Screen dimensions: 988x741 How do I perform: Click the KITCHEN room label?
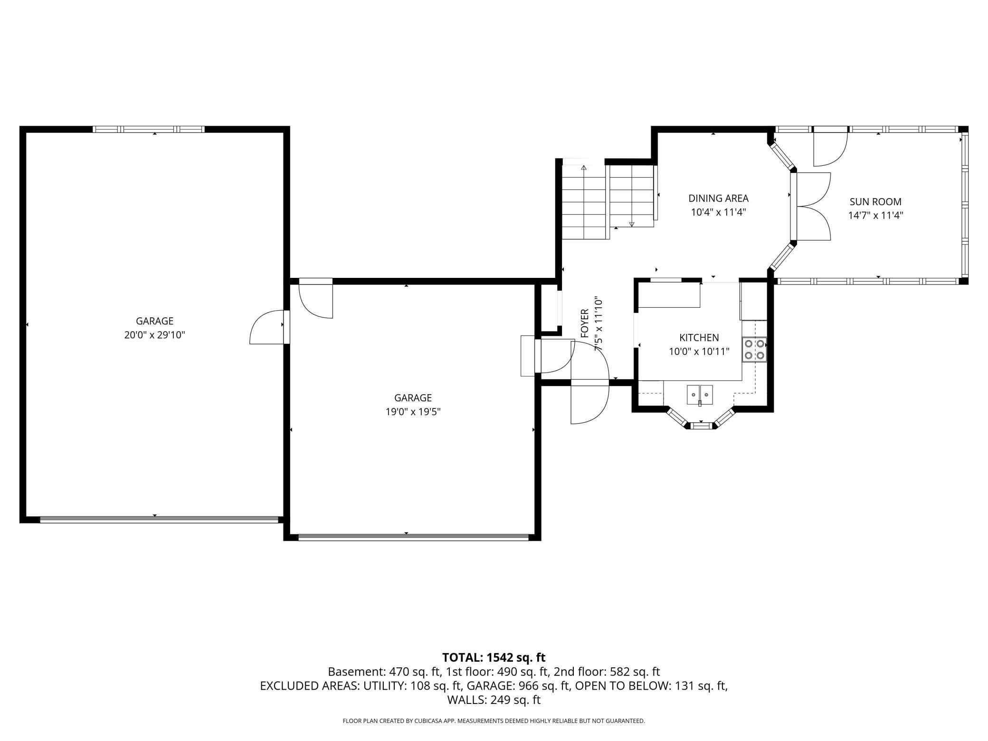[699, 338]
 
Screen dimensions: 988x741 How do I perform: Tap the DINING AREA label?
[718, 199]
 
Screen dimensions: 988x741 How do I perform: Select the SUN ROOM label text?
[875, 202]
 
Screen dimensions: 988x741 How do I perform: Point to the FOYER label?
[585, 323]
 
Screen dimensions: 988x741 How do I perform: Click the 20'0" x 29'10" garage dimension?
[154, 335]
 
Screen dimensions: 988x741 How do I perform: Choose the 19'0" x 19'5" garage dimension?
[413, 412]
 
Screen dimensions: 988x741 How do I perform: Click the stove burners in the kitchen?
[754, 349]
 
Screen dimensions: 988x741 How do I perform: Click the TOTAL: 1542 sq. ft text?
[494, 657]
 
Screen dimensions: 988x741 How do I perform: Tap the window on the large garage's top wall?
[148, 129]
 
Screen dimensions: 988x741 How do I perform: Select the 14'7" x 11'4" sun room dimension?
[875, 215]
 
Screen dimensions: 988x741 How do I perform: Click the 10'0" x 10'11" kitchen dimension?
[699, 352]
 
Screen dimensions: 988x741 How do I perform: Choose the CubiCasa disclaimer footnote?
[494, 721]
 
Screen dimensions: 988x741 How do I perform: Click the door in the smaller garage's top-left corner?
[316, 299]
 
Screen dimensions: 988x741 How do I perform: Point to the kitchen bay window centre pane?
[701, 426]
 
